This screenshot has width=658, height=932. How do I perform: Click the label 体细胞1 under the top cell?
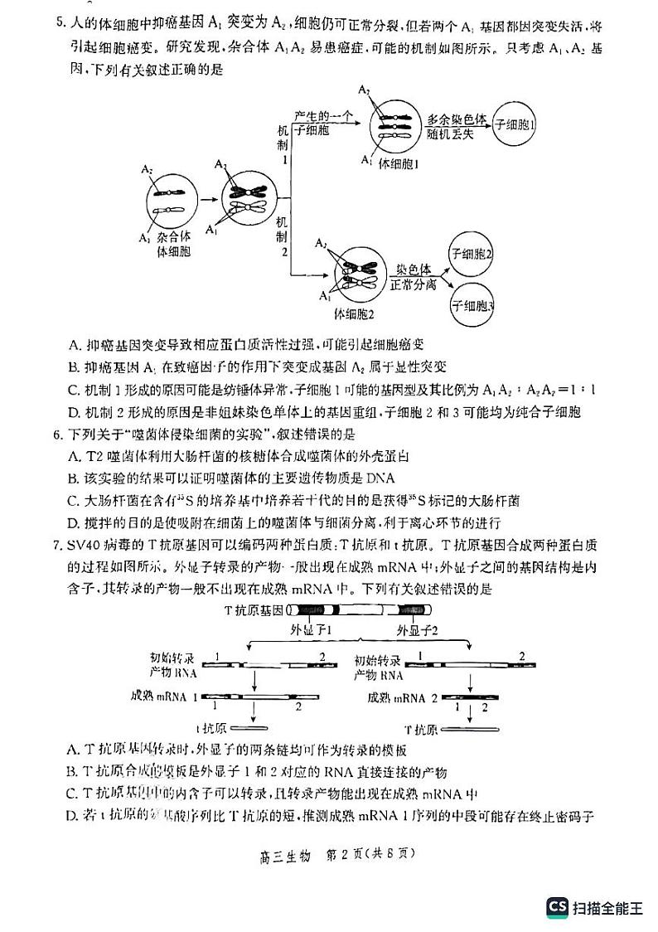(399, 164)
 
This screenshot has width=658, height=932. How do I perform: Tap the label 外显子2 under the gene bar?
(418, 629)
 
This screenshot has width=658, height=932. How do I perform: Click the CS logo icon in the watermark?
(557, 906)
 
